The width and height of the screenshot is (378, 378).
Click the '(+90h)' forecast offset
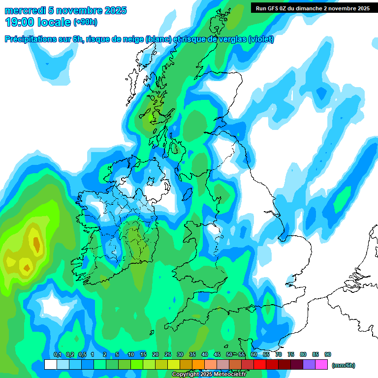(85, 22)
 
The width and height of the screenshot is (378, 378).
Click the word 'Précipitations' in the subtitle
(30, 39)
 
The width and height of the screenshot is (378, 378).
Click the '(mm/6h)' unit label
(343, 365)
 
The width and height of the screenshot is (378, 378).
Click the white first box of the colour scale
(50, 364)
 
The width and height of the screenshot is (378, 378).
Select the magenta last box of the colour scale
(321, 364)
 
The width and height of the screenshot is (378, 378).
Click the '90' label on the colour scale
(328, 354)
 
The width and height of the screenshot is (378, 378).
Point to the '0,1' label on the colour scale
(58, 354)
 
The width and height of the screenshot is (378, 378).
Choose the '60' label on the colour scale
(254, 354)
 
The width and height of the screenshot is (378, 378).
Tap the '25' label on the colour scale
(167, 354)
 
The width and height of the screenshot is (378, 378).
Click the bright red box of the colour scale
(260, 364)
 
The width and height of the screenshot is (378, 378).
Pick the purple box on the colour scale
(309, 364)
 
